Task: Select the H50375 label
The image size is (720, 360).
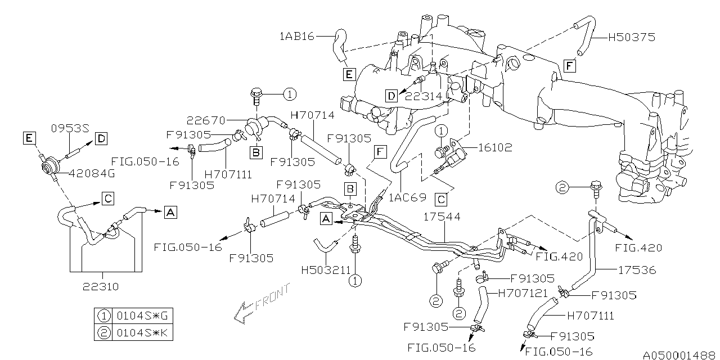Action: point(631,38)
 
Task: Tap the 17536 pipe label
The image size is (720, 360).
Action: point(635,270)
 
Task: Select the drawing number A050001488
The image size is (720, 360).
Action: point(679,355)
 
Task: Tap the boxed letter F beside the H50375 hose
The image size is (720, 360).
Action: point(570,66)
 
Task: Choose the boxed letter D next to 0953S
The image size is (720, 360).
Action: point(101,138)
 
